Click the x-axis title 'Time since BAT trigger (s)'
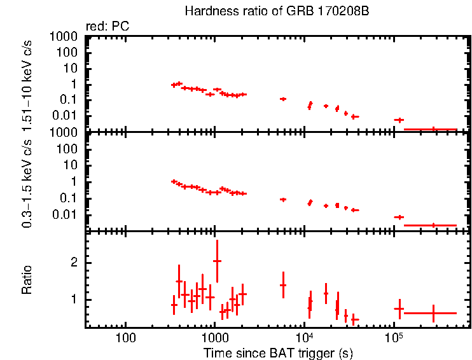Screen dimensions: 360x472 point(278,352)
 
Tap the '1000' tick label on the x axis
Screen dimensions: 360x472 point(215,336)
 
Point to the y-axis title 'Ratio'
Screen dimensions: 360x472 point(27,279)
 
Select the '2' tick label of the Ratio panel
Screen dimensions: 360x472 point(74,262)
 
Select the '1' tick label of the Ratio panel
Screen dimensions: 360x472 point(74,299)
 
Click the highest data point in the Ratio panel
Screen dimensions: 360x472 point(217,261)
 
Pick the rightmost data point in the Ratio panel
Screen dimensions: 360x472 point(433,313)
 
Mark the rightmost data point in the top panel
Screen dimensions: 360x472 point(433,129)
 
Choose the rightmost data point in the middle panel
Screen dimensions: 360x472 point(433,225)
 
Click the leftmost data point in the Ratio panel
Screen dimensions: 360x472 point(174,305)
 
